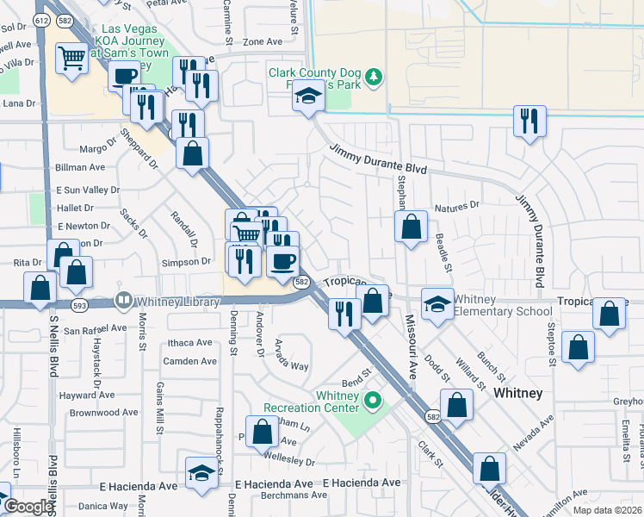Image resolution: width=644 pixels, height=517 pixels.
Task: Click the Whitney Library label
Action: pyautogui.click(x=171, y=301)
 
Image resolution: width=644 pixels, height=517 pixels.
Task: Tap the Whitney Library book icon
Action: pyautogui.click(x=124, y=301)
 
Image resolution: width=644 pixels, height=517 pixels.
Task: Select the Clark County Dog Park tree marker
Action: pyautogui.click(x=374, y=78)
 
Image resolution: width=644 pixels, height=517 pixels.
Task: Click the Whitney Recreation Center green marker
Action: pyautogui.click(x=373, y=400)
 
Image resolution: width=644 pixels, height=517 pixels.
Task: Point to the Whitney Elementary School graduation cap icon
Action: pyautogui.click(x=437, y=303)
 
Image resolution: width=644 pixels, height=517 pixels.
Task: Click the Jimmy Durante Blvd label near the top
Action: pyautogui.click(x=378, y=159)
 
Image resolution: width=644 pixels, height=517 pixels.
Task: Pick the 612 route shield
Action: pyautogui.click(x=41, y=19)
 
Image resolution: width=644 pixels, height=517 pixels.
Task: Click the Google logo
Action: pyautogui.click(x=28, y=506)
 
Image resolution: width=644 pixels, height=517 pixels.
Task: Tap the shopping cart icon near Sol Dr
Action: pyautogui.click(x=71, y=59)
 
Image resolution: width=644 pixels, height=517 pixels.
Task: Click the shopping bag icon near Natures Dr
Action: pyautogui.click(x=412, y=227)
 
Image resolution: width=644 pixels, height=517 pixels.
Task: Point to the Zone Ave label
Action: pyautogui.click(x=263, y=41)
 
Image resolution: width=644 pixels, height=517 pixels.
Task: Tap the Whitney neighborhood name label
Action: pyautogui.click(x=518, y=393)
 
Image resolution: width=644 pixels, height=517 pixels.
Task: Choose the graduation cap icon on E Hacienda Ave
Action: pyautogui.click(x=201, y=472)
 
